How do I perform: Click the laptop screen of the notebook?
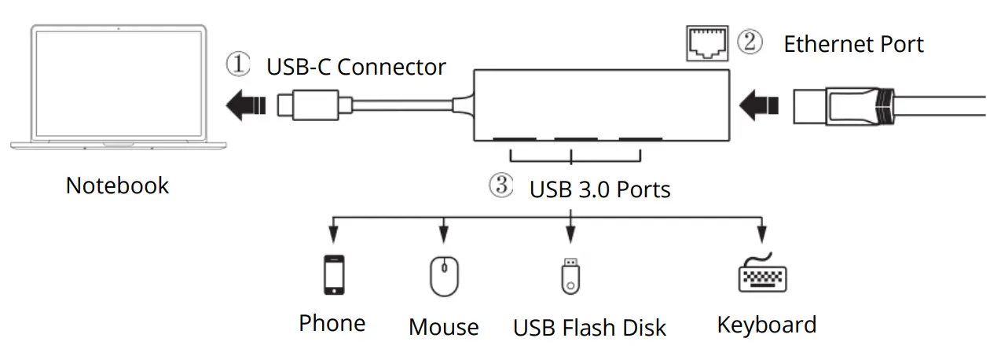[118, 83]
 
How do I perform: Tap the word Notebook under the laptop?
[117, 186]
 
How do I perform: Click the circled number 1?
[238, 64]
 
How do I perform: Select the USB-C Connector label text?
[356, 67]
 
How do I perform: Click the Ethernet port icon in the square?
[706, 44]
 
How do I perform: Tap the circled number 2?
[750, 42]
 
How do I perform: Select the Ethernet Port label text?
[853, 44]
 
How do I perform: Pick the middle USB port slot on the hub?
[575, 141]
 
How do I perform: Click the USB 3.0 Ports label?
[599, 189]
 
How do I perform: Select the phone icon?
[334, 274]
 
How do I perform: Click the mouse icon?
[444, 276]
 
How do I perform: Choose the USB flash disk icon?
[570, 275]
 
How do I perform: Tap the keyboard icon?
[762, 274]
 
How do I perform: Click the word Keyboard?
[766, 325]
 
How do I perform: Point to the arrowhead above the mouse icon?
[444, 235]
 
